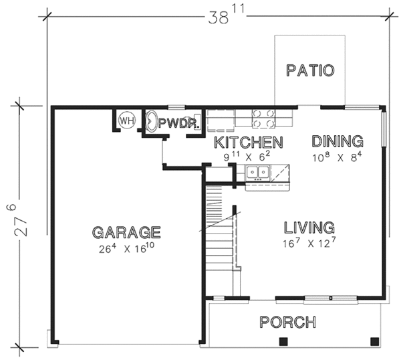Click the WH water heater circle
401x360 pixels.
pyautogui.click(x=127, y=120)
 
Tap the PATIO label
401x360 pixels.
pyautogui.click(x=310, y=70)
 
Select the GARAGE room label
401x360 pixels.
pyautogui.click(x=126, y=232)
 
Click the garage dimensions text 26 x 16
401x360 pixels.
pyautogui.click(x=126, y=248)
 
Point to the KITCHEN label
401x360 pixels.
pyautogui.click(x=249, y=143)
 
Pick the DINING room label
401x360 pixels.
pyautogui.click(x=338, y=141)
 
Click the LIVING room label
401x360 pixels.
pyautogui.click(x=309, y=228)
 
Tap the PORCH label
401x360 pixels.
pyautogui.click(x=287, y=322)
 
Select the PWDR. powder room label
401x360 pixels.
pyautogui.click(x=178, y=123)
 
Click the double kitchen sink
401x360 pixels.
pyautogui.click(x=258, y=172)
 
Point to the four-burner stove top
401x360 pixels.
pyautogui.click(x=264, y=118)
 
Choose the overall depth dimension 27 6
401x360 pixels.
pyautogui.click(x=17, y=219)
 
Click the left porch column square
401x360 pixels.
pyautogui.click(x=283, y=341)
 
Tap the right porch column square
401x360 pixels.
pyautogui.click(x=375, y=341)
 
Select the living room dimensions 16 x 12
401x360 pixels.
pyautogui.click(x=309, y=242)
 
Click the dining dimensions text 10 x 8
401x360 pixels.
pyautogui.click(x=338, y=157)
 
